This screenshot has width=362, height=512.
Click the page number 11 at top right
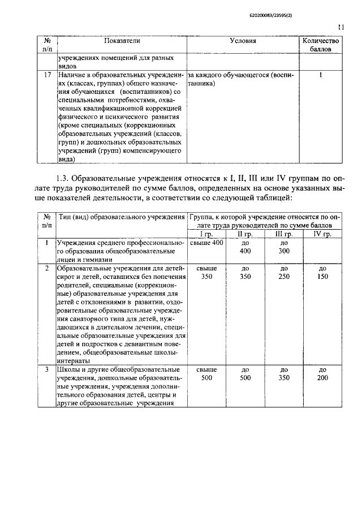pos(341,26)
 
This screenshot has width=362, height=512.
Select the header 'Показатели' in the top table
pos(122,41)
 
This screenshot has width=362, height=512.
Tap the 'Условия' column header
pos(243,41)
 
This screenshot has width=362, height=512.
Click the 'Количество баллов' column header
pos(321,45)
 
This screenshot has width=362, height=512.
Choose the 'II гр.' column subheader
pos(245,234)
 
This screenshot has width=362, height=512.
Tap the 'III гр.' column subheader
pos(284,234)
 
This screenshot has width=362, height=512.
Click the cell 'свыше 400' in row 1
pos(207,243)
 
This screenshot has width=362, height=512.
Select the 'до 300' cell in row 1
pos(284,247)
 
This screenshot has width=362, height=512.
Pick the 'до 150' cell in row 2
pos(322,272)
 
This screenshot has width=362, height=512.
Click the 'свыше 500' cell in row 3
pos(206,374)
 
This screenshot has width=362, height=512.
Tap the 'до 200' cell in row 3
pos(322,374)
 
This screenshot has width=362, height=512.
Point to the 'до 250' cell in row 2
pos(284,272)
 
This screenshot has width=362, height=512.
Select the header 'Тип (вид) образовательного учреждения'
pos(121,218)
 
